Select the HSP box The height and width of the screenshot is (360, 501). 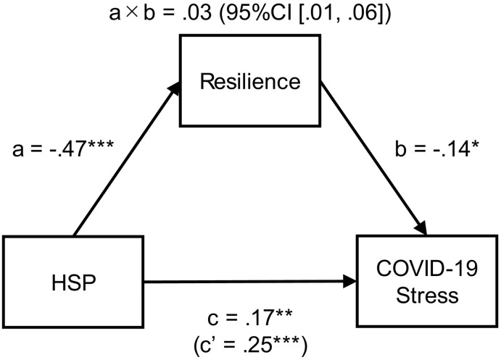(73, 279)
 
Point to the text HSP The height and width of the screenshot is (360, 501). (73, 280)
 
